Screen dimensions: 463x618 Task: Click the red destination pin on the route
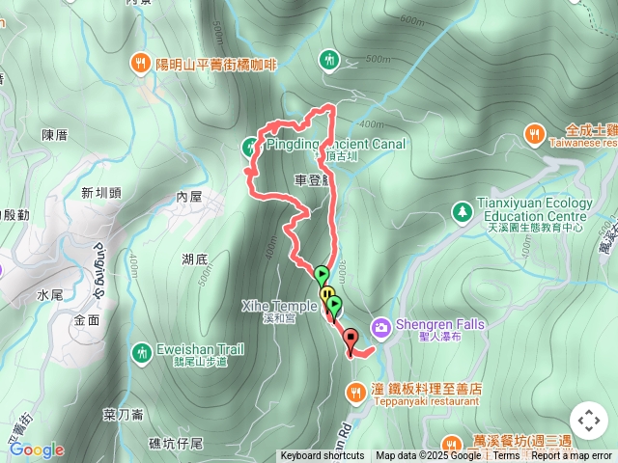coord(350,339)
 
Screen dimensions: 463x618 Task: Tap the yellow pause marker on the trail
coord(327,294)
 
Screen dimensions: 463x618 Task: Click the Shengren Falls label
coord(439,325)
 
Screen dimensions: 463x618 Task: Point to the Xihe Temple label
coord(278,306)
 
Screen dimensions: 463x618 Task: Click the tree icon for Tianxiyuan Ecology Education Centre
coord(463,210)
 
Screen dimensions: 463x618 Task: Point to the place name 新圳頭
coord(101,192)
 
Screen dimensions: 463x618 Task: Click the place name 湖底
coord(194,259)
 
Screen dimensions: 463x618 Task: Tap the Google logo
coord(36,449)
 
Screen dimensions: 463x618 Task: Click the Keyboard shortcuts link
coord(323,456)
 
